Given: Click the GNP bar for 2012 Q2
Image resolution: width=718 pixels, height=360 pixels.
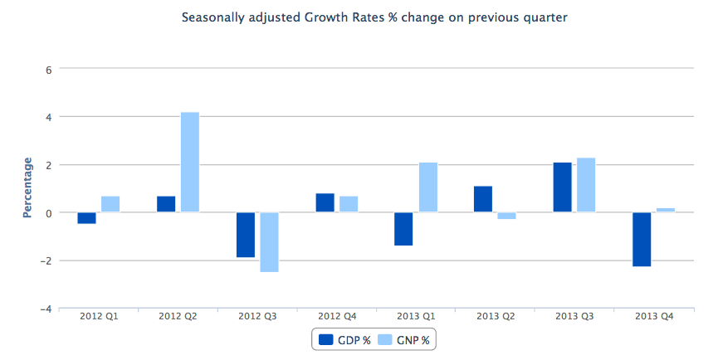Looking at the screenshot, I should (x=190, y=163).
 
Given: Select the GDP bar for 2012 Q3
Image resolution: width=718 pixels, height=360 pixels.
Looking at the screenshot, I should (x=246, y=235).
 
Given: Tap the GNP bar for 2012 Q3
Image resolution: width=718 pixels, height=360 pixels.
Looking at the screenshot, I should (x=270, y=242).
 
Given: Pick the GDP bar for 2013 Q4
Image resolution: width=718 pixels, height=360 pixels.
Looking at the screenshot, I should (x=641, y=239).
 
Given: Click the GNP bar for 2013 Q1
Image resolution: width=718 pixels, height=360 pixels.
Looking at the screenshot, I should (x=428, y=187).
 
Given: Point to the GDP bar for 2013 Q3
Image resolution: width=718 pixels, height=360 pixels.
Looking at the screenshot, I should (x=562, y=187).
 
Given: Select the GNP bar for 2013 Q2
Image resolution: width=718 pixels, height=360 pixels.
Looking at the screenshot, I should (x=506, y=216).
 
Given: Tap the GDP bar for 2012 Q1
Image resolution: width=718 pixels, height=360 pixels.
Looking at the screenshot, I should (x=86, y=218).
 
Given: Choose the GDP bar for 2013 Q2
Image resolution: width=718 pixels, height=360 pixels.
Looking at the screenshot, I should (x=483, y=199).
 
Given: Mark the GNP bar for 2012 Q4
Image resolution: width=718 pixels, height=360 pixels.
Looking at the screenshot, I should (x=349, y=204).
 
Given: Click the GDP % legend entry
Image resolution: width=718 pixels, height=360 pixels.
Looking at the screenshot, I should (x=344, y=339).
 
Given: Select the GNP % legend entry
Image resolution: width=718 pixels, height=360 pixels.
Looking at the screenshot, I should (x=406, y=339).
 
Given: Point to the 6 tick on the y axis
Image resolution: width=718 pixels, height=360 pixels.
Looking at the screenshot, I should (x=49, y=70).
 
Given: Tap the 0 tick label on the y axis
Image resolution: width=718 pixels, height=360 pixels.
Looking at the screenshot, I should (x=49, y=213).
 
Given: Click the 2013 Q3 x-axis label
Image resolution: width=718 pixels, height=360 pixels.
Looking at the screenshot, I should (x=574, y=316).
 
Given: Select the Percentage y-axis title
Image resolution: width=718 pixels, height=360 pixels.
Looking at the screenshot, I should (x=27, y=187).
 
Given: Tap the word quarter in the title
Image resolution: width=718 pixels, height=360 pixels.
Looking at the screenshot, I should (x=544, y=17).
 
